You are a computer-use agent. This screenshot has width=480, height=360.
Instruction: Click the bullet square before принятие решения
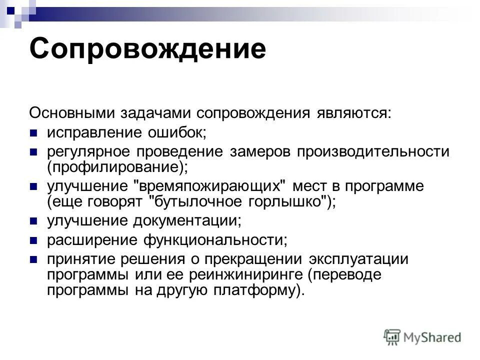point(33,260)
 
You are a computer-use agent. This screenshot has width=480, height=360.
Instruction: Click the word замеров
point(253,151)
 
